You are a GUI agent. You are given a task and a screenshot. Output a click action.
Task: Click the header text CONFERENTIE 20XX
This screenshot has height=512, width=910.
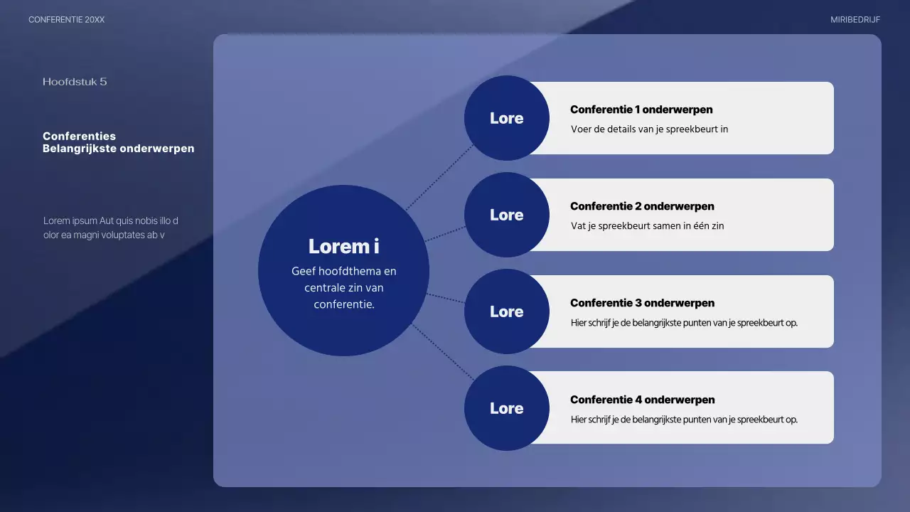(x=66, y=20)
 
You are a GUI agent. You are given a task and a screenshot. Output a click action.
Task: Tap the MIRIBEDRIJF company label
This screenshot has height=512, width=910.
(x=855, y=20)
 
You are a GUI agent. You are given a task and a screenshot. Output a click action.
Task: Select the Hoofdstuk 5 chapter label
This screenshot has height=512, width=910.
(x=75, y=82)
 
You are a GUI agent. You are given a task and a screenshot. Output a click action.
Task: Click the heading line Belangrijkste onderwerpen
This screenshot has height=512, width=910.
(x=118, y=149)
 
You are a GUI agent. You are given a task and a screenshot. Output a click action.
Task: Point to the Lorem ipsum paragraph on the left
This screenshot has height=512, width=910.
(x=110, y=228)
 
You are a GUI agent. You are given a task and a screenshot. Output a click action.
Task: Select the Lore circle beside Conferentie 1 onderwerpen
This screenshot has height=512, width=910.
(x=506, y=118)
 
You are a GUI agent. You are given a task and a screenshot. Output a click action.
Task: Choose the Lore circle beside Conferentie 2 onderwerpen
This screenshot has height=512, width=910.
(x=506, y=215)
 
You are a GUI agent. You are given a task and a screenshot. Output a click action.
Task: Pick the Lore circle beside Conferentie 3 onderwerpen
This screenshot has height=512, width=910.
(x=506, y=311)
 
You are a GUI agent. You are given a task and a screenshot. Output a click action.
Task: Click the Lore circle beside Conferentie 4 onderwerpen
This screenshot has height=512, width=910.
(x=506, y=408)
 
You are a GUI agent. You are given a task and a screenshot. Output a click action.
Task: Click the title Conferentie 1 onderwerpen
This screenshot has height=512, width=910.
(x=641, y=110)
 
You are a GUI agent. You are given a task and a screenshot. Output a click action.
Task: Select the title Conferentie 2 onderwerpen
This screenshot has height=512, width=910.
(x=642, y=206)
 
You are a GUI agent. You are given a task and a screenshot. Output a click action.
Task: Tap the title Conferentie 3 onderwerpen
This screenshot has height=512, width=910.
(x=642, y=303)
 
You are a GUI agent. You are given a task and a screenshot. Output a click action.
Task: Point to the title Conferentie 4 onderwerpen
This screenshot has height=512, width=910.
(x=642, y=400)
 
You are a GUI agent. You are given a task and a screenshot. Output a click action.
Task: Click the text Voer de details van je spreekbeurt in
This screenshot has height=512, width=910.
(x=649, y=129)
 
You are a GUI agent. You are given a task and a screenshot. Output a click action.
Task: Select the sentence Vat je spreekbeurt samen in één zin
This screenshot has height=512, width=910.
(x=647, y=226)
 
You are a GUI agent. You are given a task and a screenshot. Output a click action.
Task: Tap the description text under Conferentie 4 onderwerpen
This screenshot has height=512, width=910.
(x=684, y=420)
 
